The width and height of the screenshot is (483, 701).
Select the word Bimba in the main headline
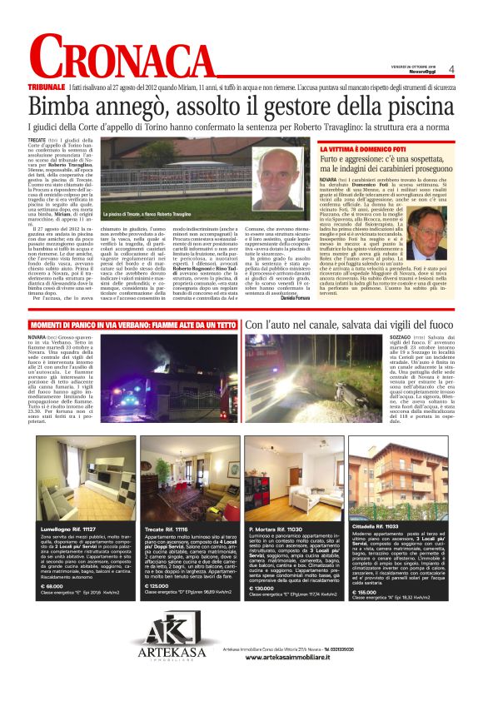62,107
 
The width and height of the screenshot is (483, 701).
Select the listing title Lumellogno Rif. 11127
67,505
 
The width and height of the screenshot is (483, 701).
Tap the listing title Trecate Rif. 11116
167,505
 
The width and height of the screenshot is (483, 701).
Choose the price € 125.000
156,587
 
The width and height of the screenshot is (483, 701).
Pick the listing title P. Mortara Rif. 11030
275,505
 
